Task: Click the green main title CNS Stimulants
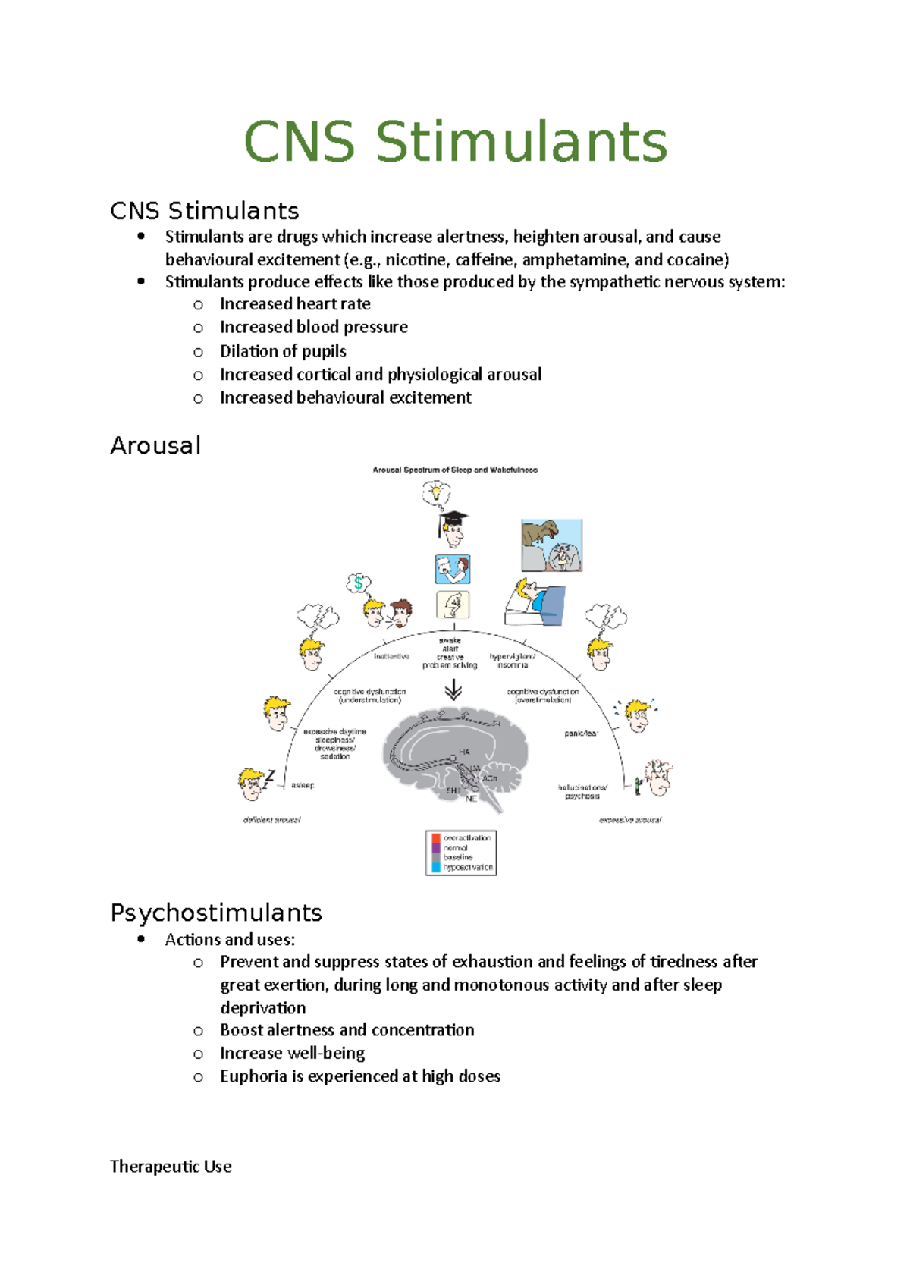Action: coord(455,142)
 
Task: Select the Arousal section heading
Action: coord(155,445)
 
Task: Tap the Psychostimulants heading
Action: coord(216,913)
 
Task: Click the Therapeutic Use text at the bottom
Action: coord(171,1167)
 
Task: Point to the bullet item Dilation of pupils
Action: coord(283,351)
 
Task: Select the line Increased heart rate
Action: coord(295,304)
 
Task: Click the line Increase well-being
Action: coord(292,1053)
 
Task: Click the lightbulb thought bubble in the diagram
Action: coord(436,493)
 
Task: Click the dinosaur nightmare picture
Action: coord(551,545)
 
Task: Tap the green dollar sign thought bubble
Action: coord(358,583)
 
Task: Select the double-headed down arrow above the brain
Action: coord(453,690)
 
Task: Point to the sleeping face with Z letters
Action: coord(253,782)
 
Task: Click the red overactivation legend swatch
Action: coord(436,838)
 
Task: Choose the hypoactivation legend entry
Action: coord(466,867)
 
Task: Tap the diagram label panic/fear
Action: coord(581,734)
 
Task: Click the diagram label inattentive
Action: coord(391,656)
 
